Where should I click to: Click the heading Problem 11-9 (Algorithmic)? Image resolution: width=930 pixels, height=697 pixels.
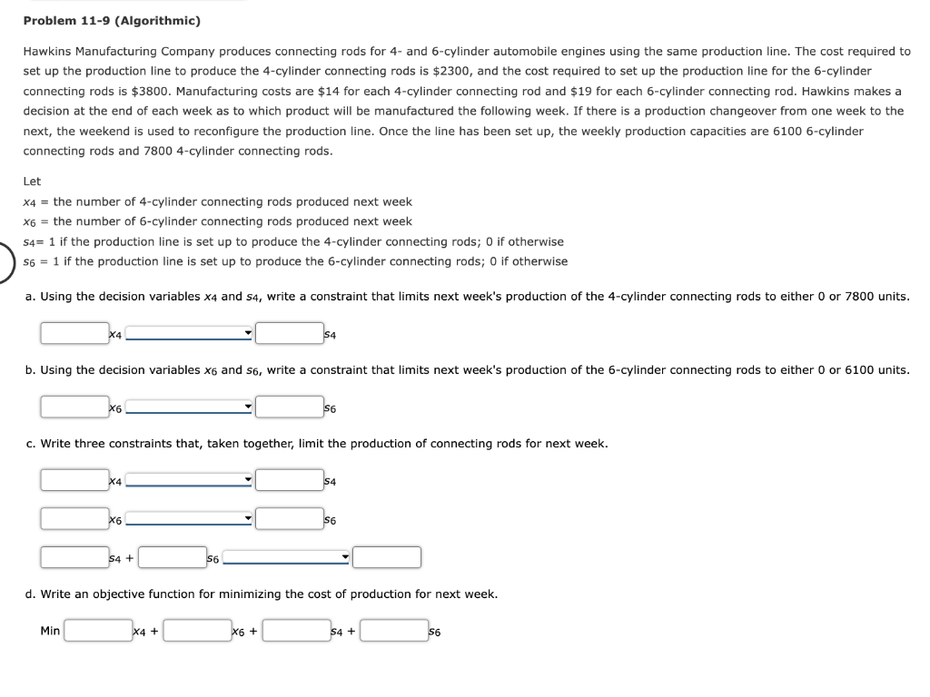[x=112, y=20]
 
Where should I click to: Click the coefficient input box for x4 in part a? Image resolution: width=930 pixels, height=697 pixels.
[x=74, y=333]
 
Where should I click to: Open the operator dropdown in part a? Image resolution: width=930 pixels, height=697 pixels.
[x=189, y=334]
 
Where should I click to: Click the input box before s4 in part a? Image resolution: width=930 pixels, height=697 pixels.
[x=289, y=333]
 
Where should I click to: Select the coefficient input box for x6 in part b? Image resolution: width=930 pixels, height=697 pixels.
[x=74, y=407]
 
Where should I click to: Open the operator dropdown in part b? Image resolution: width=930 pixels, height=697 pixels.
[x=189, y=407]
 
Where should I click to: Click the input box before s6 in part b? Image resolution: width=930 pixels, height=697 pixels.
[x=289, y=407]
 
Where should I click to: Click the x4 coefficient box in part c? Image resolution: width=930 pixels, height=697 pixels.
[x=74, y=479]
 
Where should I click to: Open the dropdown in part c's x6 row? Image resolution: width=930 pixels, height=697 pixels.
[x=189, y=519]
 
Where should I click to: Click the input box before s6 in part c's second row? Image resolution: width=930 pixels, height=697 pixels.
[x=289, y=518]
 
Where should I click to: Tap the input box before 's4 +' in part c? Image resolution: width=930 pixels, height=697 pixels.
[x=74, y=556]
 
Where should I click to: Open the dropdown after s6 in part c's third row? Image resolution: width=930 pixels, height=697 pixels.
[x=287, y=557]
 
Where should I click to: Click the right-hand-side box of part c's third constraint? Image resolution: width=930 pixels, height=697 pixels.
[x=387, y=556]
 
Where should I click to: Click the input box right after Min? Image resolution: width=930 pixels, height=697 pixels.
[x=98, y=630]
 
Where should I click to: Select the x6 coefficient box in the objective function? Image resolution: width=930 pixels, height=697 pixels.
[x=197, y=630]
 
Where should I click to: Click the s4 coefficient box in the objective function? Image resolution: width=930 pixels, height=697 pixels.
[x=296, y=630]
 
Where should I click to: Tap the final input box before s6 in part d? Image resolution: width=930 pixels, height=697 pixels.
[x=394, y=630]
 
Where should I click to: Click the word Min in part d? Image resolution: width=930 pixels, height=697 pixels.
[x=50, y=630]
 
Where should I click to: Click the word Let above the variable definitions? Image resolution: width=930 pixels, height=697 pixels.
[x=32, y=182]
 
